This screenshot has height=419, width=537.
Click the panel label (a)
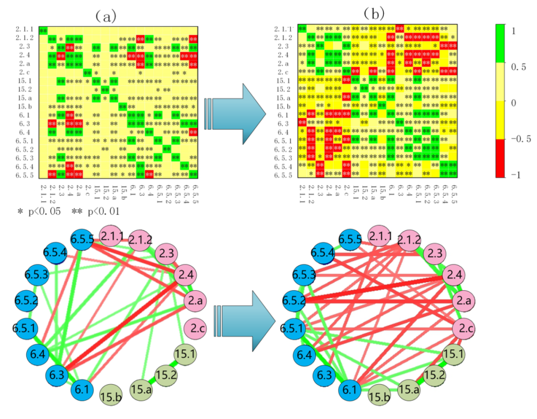(102, 15)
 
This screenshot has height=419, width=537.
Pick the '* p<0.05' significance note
(38, 211)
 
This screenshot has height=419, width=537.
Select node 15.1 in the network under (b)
(451, 354)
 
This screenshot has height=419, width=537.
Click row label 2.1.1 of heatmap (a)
(24, 29)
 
